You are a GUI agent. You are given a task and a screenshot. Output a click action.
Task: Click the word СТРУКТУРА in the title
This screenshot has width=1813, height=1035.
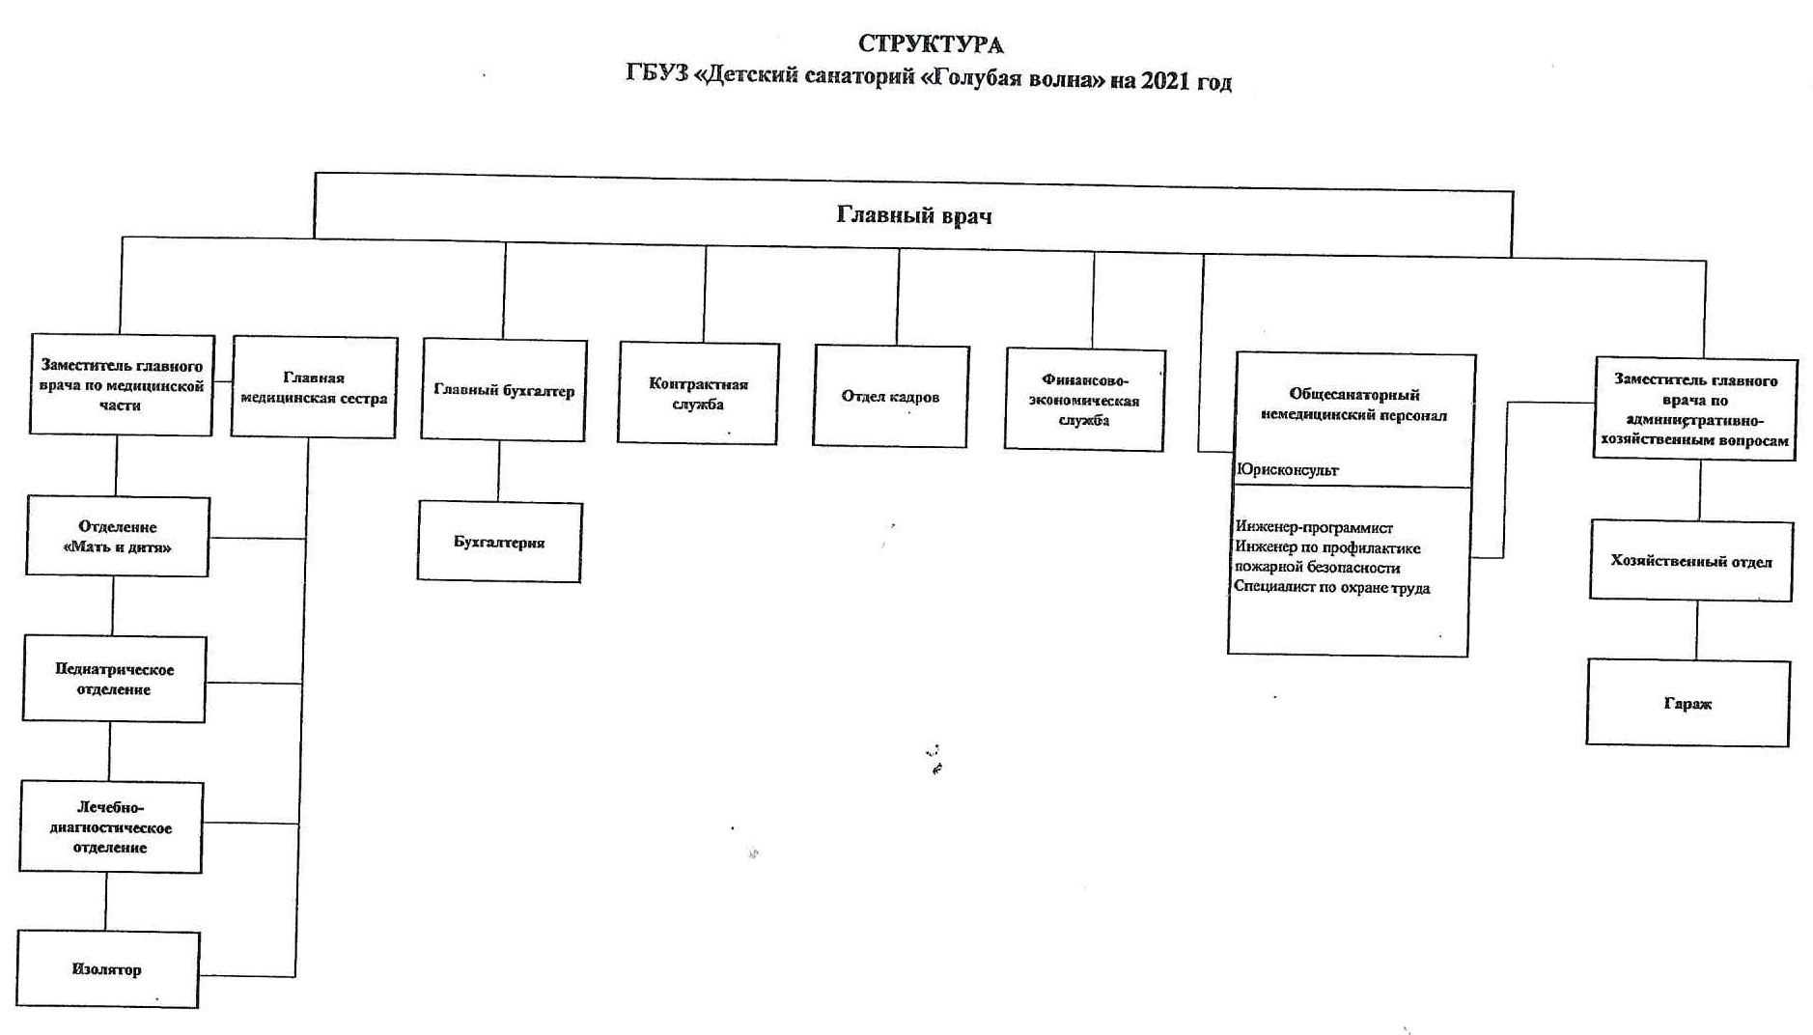point(931,44)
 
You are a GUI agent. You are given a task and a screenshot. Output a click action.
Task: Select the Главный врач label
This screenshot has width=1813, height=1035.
point(913,215)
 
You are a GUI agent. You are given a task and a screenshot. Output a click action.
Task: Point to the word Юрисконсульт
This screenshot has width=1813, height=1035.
point(1287,470)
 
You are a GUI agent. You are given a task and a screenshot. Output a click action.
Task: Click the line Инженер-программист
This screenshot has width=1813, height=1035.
point(1314,528)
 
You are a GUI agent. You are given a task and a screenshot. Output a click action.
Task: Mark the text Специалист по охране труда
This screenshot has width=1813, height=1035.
point(1331,587)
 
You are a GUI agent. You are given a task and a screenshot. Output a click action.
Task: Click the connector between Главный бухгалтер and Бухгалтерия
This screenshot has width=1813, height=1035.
point(499,471)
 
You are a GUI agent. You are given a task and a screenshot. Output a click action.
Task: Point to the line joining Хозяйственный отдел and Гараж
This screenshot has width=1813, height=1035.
point(1696,630)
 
